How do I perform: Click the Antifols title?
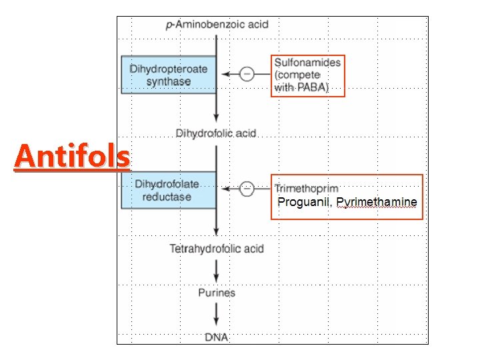click(72, 157)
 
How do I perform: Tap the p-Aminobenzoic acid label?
click(217, 25)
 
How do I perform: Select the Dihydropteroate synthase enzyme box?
click(169, 75)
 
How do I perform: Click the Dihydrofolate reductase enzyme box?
click(169, 190)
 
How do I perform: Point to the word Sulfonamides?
click(307, 62)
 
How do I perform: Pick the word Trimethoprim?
click(307, 189)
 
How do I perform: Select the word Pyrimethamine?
click(377, 202)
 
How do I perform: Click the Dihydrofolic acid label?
click(216, 133)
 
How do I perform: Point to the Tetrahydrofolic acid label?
click(217, 249)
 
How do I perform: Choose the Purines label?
click(217, 293)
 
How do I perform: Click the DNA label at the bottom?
click(217, 337)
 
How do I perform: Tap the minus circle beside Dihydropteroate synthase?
click(247, 74)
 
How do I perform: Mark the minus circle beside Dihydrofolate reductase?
click(247, 189)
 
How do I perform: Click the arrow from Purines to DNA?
click(217, 315)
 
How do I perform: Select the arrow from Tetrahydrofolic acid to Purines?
click(217, 271)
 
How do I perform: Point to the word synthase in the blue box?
click(169, 82)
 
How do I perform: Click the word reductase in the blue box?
click(167, 197)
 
